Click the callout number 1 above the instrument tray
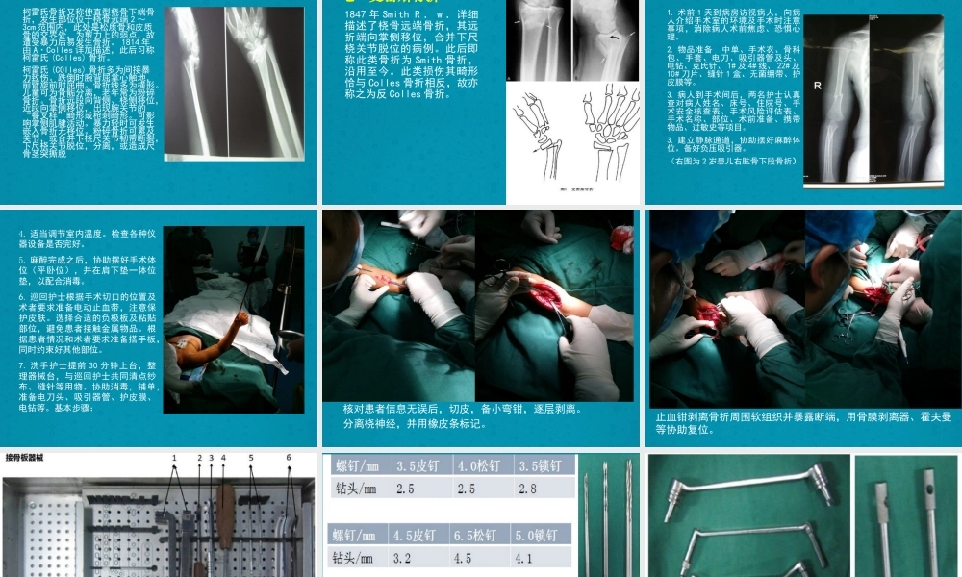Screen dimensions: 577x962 pyautogui.click(x=174, y=458)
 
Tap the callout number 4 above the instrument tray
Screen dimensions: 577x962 pyautogui.click(x=223, y=458)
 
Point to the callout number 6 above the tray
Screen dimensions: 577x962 pyautogui.click(x=289, y=458)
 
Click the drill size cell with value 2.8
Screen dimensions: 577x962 pyautogui.click(x=542, y=489)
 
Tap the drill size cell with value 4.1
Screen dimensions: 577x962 pyautogui.click(x=542, y=557)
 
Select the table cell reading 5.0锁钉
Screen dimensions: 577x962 pyautogui.click(x=542, y=535)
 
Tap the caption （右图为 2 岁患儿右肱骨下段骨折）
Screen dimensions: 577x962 pyautogui.click(x=732, y=161)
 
